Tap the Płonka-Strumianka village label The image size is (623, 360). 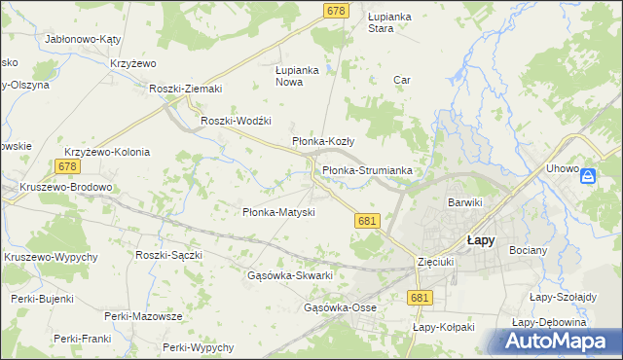(x=367, y=171)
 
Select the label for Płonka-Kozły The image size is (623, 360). (x=323, y=142)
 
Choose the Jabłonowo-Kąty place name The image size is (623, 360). (x=82, y=40)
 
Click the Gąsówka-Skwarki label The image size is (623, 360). (x=291, y=276)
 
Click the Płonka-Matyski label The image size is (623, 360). (x=277, y=212)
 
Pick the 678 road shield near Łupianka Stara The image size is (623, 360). (x=336, y=10)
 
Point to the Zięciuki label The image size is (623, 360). (x=435, y=262)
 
